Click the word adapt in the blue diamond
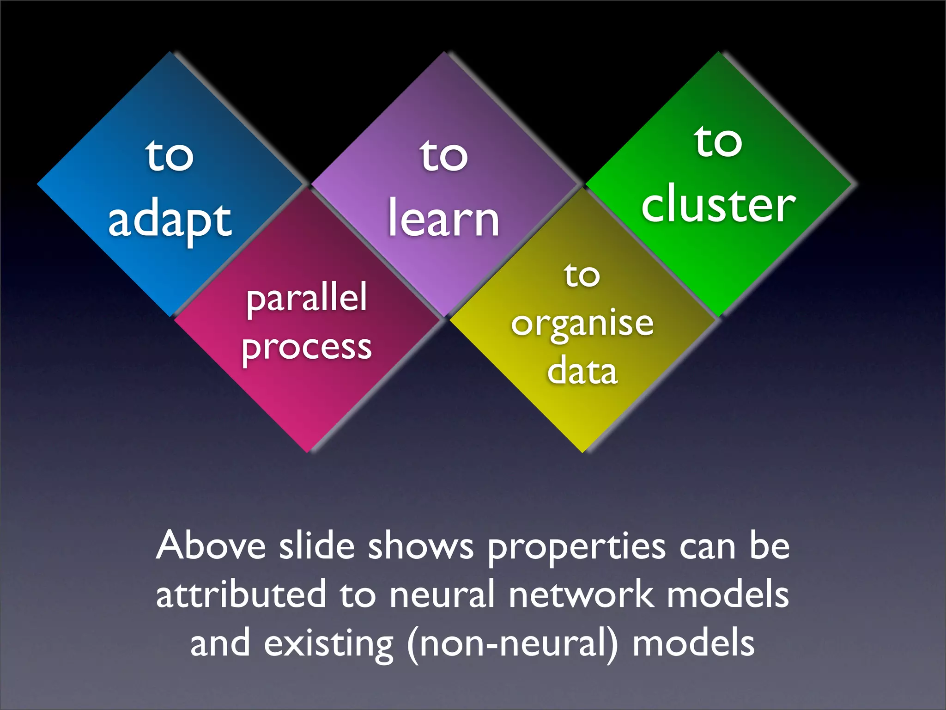[170, 221]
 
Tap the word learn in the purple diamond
[443, 218]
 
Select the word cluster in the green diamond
[718, 205]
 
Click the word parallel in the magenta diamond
[307, 298]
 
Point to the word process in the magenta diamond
[307, 348]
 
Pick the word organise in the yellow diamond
[582, 324]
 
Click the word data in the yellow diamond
[582, 371]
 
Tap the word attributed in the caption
[241, 594]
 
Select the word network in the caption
[581, 594]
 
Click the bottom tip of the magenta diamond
[307, 451]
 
